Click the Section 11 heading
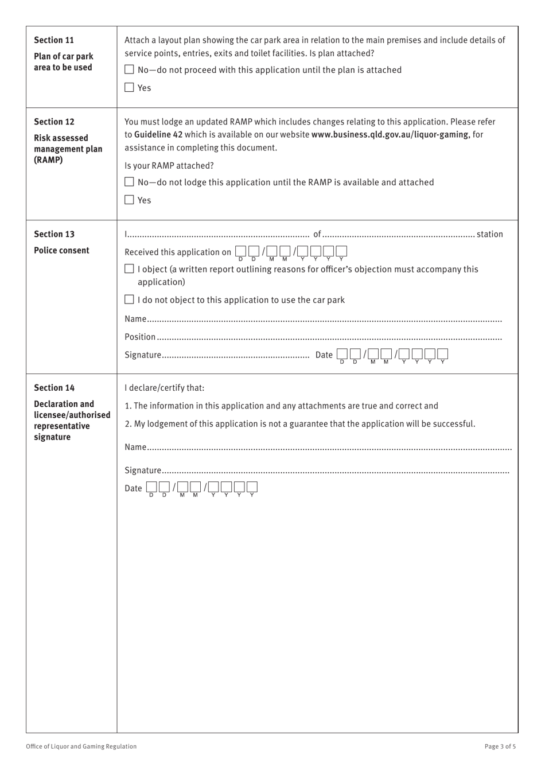tap(54, 40)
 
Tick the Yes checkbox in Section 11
tap(130, 88)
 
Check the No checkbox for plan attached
tap(130, 70)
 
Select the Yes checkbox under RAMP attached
tap(130, 200)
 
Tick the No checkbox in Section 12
tap(130, 182)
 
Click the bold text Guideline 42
tap(158, 135)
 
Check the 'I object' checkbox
tap(130, 269)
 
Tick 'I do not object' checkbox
tap(130, 300)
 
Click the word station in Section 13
tap(489, 234)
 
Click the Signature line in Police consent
tap(235, 355)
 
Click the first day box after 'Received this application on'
tap(240, 251)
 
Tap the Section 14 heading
tap(54, 388)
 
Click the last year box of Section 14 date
tap(252, 488)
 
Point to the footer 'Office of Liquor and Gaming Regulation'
tap(81, 746)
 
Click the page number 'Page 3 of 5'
tap(500, 746)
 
